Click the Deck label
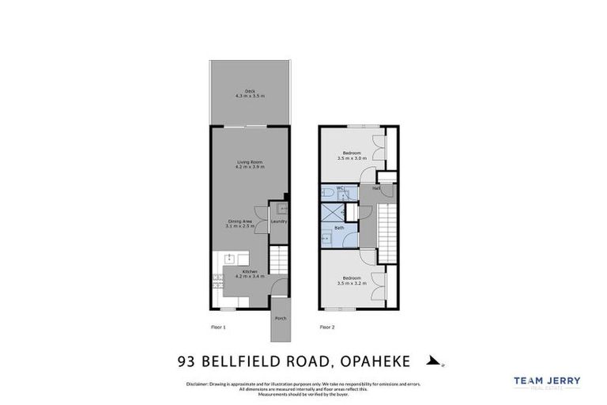click(250, 90)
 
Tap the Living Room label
click(250, 162)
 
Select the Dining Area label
click(240, 221)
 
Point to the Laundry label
click(278, 221)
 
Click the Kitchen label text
click(250, 271)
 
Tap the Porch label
click(280, 319)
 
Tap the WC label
click(340, 187)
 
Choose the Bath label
click(339, 228)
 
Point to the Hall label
click(376, 188)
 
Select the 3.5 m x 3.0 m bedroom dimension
click(352, 158)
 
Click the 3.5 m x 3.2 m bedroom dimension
click(352, 282)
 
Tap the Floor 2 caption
click(327, 327)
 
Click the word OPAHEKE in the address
click(375, 361)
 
